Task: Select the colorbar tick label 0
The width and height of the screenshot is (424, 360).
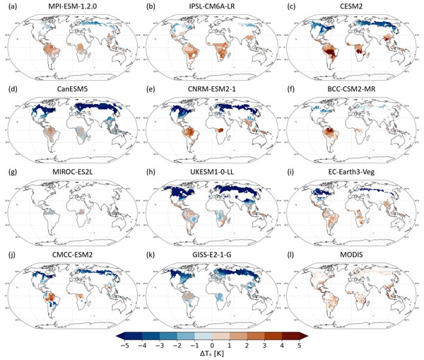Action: (213, 344)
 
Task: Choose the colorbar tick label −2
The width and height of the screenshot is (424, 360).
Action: (177, 344)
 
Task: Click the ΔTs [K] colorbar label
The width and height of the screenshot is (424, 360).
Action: (213, 354)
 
